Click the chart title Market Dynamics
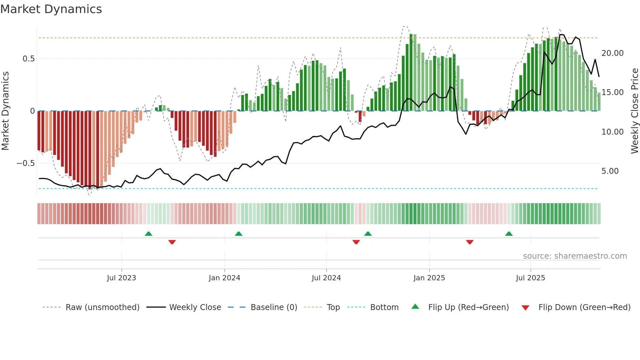(x=51, y=9)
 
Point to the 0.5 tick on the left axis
(x=28, y=59)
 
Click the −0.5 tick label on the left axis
(x=26, y=163)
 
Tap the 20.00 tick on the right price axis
(x=612, y=53)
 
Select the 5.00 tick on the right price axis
(x=610, y=171)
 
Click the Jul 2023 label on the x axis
(x=121, y=278)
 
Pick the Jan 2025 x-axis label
(x=429, y=278)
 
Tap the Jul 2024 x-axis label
(x=326, y=278)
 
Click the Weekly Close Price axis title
(x=634, y=111)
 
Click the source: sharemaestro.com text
(x=575, y=256)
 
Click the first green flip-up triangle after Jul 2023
(x=149, y=234)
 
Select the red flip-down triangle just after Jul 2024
(x=356, y=242)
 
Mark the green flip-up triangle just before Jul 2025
(x=509, y=234)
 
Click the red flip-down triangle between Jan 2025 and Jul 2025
(x=470, y=242)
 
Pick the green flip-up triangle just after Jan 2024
(x=239, y=234)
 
